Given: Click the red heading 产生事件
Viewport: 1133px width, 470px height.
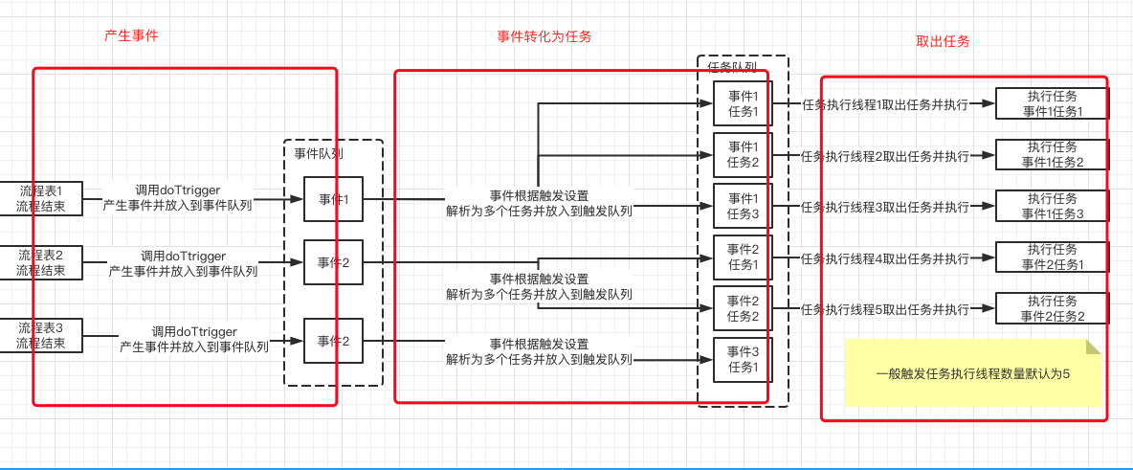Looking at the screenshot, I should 131,35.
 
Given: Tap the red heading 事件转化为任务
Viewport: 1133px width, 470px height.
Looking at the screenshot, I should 544,36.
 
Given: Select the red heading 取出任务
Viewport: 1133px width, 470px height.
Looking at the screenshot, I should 943,41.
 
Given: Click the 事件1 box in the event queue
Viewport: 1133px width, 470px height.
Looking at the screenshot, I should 333,200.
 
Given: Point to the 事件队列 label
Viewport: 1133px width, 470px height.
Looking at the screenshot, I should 319,152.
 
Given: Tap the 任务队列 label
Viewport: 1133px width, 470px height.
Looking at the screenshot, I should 732,67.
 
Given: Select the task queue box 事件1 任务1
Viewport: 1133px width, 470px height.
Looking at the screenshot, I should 743,103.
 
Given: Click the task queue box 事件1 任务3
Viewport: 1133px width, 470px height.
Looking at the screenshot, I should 743,206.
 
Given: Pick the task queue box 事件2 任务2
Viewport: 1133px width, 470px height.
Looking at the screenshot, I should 743,308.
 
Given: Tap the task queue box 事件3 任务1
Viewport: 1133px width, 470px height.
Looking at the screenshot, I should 743,359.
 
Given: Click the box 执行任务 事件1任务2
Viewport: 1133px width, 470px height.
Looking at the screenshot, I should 1052,154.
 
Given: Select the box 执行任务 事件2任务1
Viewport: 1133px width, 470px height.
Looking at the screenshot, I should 1052,257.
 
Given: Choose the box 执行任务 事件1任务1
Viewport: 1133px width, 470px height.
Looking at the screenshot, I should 1052,103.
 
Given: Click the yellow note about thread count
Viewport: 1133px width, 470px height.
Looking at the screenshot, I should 971,373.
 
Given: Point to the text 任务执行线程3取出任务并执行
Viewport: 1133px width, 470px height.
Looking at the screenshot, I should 884,207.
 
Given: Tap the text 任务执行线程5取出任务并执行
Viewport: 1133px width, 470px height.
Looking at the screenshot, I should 884,309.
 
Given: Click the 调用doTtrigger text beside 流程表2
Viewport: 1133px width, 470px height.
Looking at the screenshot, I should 183,256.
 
